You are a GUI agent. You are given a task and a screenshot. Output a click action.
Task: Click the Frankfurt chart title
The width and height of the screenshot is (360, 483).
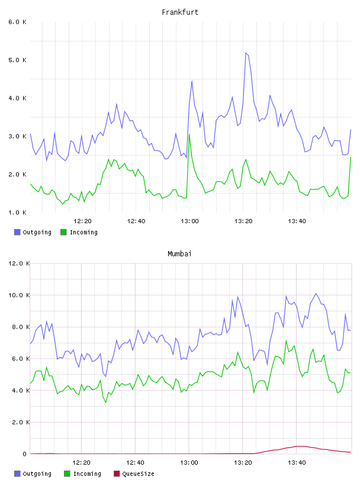(x=180, y=12)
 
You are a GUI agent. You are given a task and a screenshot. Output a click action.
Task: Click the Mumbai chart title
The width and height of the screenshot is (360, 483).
(x=179, y=254)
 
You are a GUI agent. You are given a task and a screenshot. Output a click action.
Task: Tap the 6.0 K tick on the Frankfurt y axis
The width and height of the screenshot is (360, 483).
(x=18, y=22)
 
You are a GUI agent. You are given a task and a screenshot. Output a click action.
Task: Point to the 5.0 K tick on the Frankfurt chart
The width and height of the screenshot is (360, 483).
(x=18, y=60)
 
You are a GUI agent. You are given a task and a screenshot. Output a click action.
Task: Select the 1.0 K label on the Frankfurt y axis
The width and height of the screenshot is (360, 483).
(x=18, y=212)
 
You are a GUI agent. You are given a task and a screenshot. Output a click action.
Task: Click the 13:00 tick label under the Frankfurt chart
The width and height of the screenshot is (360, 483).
(x=189, y=221)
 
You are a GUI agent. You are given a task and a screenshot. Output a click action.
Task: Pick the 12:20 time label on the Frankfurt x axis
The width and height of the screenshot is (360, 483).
(x=82, y=221)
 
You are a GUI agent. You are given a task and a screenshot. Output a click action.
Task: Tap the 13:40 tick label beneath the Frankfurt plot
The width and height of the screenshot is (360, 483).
(x=297, y=221)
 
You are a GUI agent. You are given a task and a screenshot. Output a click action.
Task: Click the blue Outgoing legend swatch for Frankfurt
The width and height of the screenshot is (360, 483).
(x=17, y=232)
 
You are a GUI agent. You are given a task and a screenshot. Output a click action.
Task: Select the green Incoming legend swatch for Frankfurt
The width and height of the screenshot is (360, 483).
(x=63, y=232)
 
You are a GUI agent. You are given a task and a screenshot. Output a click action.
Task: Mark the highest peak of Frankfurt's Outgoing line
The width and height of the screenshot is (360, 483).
(x=246, y=53)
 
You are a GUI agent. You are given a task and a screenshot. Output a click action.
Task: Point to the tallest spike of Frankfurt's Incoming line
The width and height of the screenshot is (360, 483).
(x=189, y=134)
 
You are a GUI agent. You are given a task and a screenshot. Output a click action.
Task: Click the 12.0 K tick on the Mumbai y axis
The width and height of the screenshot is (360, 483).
(x=19, y=263)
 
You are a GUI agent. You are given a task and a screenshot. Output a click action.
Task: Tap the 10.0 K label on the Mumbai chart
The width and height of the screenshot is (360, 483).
(x=19, y=295)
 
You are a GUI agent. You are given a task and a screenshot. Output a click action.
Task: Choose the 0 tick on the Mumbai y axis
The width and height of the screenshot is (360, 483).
(x=25, y=454)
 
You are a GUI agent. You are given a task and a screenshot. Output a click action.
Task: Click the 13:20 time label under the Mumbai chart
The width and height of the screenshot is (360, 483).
(x=243, y=463)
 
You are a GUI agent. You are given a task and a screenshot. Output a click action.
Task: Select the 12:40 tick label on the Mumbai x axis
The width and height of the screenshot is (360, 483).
(x=136, y=463)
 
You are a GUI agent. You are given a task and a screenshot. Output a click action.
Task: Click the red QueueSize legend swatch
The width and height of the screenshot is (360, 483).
(x=117, y=474)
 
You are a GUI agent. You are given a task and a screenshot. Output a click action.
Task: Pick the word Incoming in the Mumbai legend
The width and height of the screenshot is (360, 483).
(x=87, y=474)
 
